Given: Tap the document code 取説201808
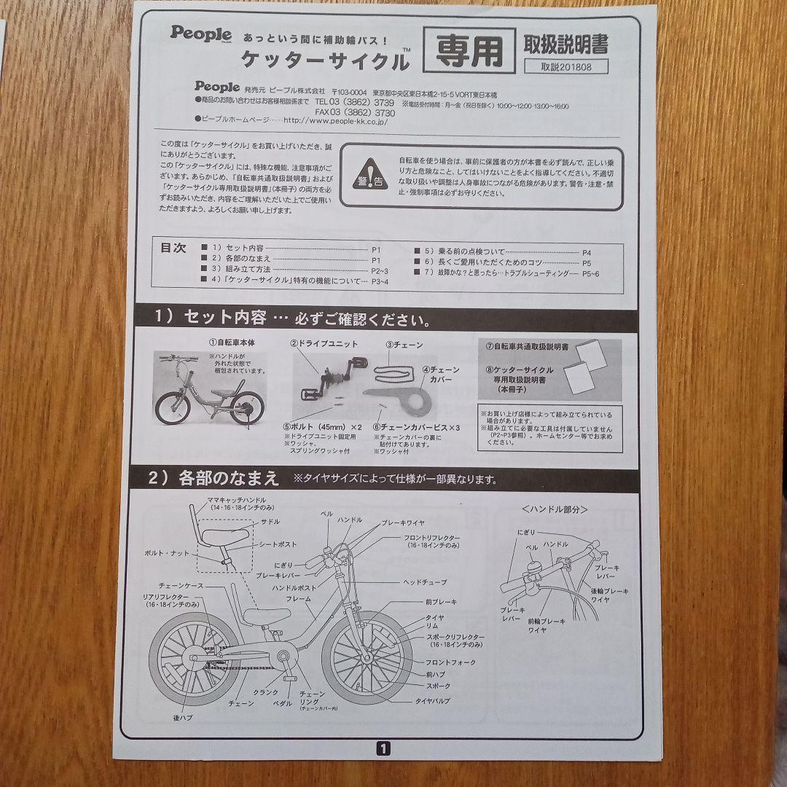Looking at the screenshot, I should click(x=565, y=66).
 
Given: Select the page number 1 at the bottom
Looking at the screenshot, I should click(x=383, y=747).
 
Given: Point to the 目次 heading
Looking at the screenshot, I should click(x=173, y=248).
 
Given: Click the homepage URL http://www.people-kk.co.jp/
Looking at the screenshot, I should click(x=334, y=122).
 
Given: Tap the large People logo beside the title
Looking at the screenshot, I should click(x=201, y=34).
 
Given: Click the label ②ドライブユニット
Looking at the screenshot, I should click(x=324, y=343).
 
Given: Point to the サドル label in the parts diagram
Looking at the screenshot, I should click(x=270, y=522).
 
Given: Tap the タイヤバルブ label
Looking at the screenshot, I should click(x=432, y=700).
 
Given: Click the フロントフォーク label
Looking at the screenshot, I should click(x=450, y=662).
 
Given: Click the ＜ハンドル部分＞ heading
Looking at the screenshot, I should click(x=555, y=509).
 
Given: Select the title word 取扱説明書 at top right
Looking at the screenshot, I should click(x=565, y=44).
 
